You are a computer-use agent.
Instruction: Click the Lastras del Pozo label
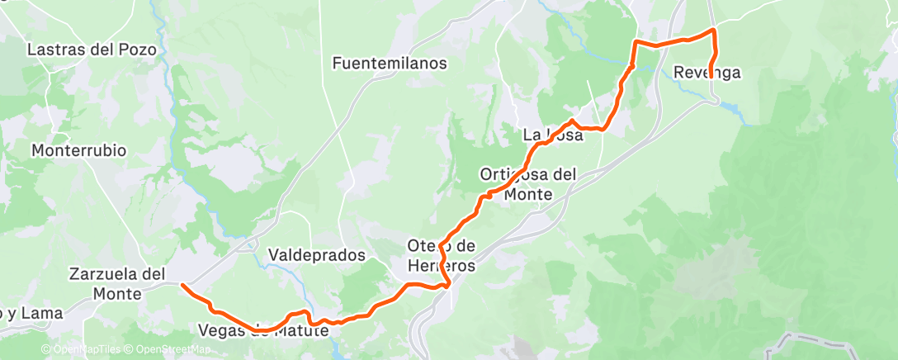[92, 50]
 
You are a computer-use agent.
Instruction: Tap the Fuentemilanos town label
[390, 63]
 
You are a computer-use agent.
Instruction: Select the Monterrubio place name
[78, 151]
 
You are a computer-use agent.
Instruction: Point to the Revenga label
[707, 73]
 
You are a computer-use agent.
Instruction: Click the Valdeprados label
[317, 256]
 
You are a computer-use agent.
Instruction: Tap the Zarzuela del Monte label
[118, 282]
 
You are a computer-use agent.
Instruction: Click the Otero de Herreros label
[442, 256]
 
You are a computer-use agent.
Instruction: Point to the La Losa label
[553, 135]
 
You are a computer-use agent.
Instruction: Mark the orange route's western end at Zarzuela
[182, 285]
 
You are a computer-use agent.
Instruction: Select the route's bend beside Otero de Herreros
[447, 285]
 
